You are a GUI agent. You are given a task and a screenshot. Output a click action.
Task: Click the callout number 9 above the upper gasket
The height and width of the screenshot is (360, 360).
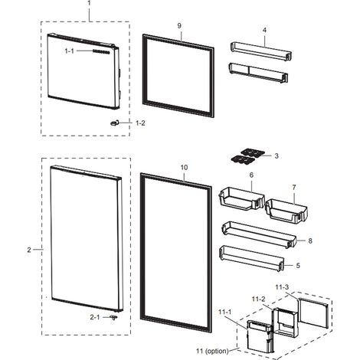pyautogui.click(x=179, y=26)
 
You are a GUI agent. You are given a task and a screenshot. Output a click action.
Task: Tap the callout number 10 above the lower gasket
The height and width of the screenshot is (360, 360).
pyautogui.click(x=184, y=168)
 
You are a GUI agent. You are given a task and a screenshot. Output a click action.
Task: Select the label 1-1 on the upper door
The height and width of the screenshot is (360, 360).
pyautogui.click(x=69, y=51)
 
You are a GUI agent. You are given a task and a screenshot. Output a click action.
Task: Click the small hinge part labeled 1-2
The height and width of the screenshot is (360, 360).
pyautogui.click(x=114, y=123)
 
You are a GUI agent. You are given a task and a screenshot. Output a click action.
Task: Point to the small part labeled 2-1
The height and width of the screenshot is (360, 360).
pyautogui.click(x=113, y=317)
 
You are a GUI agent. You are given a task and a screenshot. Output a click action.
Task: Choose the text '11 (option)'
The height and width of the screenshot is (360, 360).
pyautogui.click(x=212, y=351)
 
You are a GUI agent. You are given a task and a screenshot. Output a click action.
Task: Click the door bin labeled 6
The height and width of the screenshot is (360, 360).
pyautogui.click(x=241, y=198)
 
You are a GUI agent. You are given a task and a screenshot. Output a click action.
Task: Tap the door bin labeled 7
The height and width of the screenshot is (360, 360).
pyautogui.click(x=286, y=210)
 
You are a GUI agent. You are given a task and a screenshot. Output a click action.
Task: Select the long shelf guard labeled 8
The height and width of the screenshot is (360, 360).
pyautogui.click(x=259, y=234)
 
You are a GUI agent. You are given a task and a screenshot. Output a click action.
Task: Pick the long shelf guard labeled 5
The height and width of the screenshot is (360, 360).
pyautogui.click(x=251, y=258)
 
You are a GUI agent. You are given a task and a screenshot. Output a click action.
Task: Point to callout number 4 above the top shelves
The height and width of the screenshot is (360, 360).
pyautogui.click(x=264, y=30)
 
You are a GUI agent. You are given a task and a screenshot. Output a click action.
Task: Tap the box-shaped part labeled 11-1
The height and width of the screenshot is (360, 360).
pyautogui.click(x=260, y=337)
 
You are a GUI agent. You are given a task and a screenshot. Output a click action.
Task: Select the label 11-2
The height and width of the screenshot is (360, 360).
pyautogui.click(x=258, y=299)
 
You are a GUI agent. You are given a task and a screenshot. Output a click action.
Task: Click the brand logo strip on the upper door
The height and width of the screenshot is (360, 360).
pyautogui.click(x=101, y=51)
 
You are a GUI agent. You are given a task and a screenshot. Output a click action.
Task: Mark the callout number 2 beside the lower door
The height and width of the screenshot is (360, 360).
pyautogui.click(x=29, y=250)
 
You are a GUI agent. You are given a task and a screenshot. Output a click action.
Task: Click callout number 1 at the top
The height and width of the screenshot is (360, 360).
pyautogui.click(x=89, y=3)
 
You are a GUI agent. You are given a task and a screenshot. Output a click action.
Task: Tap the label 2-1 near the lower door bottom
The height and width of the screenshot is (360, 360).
pyautogui.click(x=95, y=317)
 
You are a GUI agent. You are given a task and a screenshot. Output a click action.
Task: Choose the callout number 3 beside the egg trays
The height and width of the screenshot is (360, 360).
pyautogui.click(x=277, y=155)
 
